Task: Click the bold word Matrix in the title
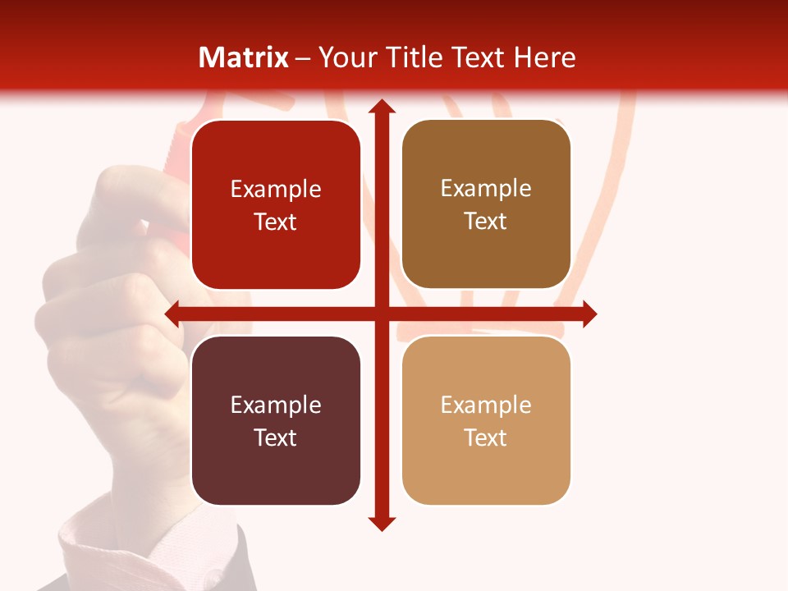point(244,57)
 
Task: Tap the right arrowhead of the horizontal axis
point(589,314)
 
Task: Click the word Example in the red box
point(276,190)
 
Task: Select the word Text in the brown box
point(485,222)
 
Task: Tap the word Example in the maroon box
point(276,405)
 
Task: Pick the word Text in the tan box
point(485,438)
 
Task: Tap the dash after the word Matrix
point(303,58)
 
